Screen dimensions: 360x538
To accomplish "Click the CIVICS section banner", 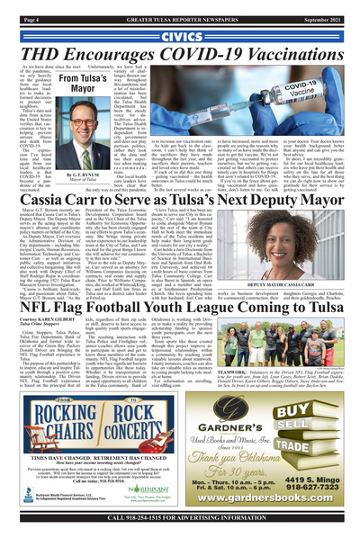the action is pos(179,36).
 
